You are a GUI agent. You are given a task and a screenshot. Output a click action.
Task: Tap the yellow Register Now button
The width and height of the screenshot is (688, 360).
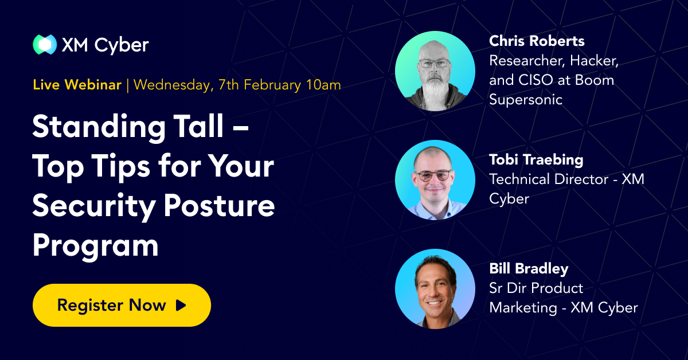[x=122, y=305]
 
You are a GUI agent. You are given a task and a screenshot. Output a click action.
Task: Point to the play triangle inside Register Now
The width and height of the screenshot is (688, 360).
[x=181, y=305]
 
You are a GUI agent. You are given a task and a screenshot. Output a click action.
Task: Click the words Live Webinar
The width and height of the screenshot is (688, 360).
[x=77, y=85]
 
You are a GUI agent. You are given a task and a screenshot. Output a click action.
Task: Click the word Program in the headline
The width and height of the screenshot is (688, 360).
[x=95, y=245]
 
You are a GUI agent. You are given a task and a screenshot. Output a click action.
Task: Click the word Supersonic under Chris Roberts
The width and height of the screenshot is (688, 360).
[x=526, y=100]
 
